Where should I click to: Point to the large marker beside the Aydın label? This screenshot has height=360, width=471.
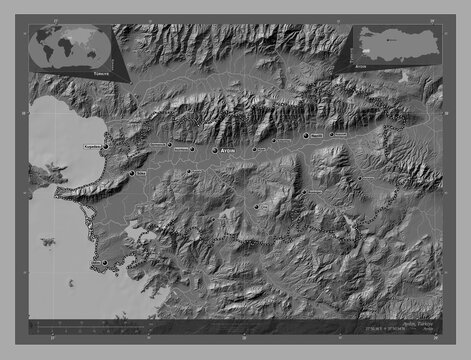[x=216, y=150]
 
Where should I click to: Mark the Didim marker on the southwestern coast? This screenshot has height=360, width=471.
[x=104, y=261]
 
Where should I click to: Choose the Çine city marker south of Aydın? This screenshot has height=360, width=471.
[x=256, y=207]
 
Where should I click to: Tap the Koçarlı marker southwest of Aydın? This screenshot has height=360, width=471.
[x=190, y=172]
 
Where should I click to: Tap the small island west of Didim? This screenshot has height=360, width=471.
[x=48, y=240]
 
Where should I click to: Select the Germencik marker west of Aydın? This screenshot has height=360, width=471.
[x=170, y=145]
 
